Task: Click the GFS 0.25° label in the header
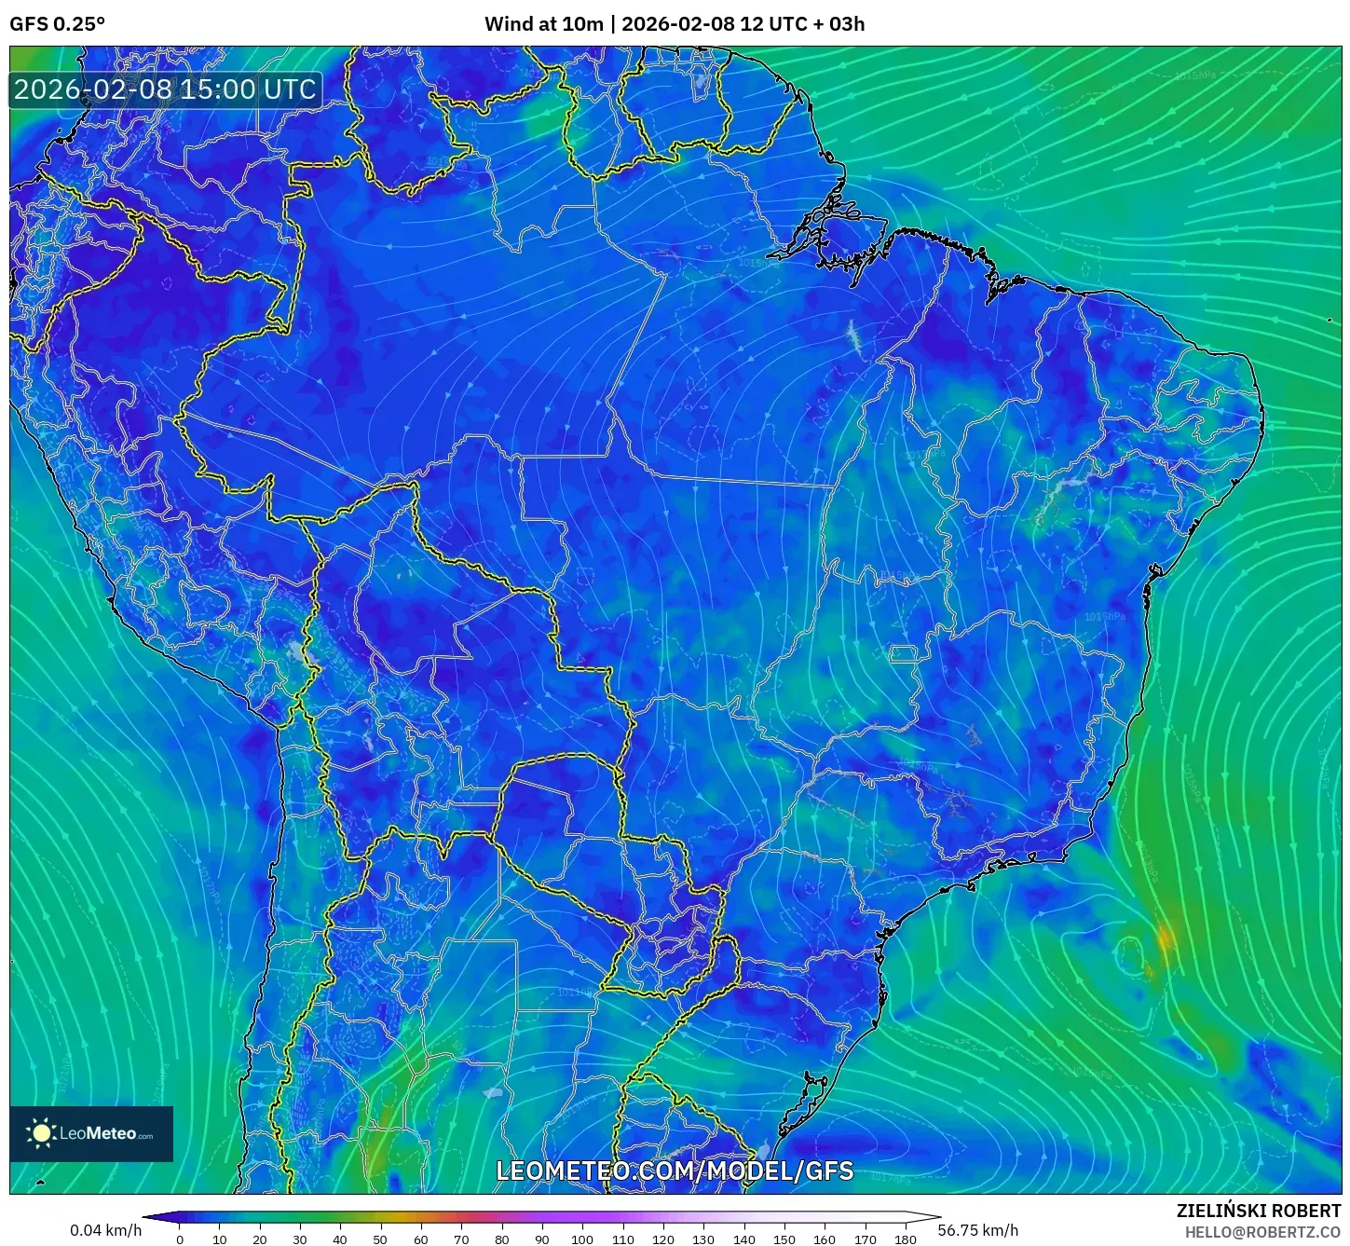[x=57, y=24]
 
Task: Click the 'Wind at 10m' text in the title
[x=543, y=24]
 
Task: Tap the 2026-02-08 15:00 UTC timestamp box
[x=165, y=89]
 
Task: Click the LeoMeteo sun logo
[x=42, y=1133]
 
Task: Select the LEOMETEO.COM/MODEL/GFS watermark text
[x=675, y=1171]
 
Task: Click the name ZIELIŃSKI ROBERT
[x=1258, y=1212]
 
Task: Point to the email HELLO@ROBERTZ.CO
[x=1262, y=1232]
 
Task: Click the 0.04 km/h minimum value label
[x=105, y=1230]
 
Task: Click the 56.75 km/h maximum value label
[x=977, y=1230]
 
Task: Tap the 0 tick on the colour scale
[x=180, y=1239]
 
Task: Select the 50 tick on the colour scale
[x=380, y=1239]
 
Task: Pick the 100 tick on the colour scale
[x=581, y=1239]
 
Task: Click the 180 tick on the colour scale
[x=905, y=1239]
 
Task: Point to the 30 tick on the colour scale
[x=300, y=1239]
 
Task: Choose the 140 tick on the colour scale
[x=743, y=1239]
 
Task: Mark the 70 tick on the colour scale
[x=461, y=1239]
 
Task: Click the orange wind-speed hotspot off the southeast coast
[x=1165, y=937]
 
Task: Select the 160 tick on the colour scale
[x=824, y=1239]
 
